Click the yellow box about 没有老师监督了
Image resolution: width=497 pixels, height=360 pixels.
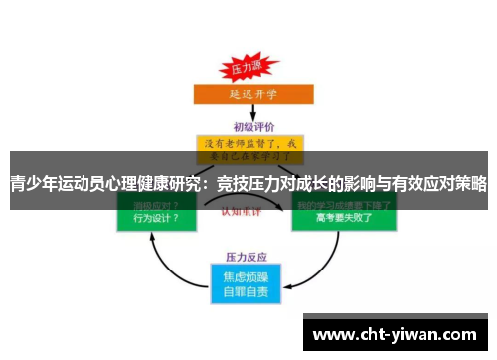(x=249, y=149)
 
